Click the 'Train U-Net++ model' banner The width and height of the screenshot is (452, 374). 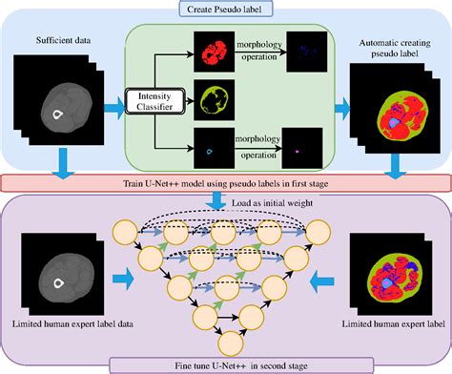[225, 182]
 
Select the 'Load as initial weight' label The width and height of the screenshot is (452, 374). [276, 202]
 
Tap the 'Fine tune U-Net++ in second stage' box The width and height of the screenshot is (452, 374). [225, 364]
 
